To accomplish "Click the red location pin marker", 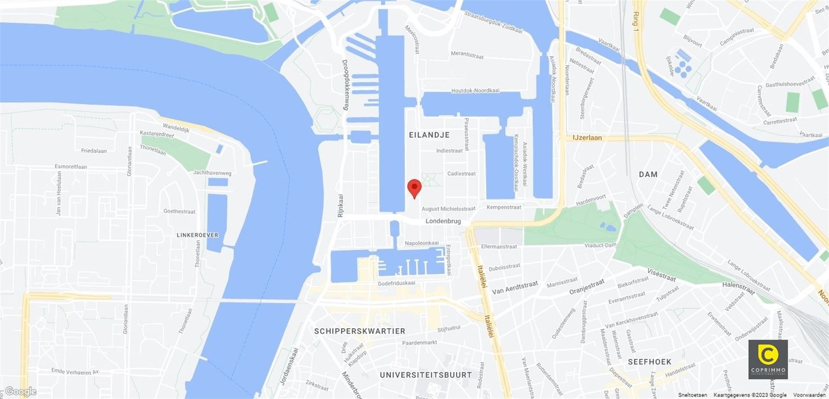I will click(414, 188).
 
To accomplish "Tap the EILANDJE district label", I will click(429, 135).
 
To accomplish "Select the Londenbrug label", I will click(443, 221).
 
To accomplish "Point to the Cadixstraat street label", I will click(461, 174).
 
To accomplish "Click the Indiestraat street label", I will click(449, 151).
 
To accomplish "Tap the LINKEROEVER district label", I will click(197, 235).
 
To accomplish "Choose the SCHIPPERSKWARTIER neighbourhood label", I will click(360, 331).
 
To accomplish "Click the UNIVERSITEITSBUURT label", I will click(426, 375).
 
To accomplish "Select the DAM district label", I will click(648, 174).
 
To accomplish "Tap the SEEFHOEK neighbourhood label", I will click(649, 362).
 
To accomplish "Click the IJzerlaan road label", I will click(587, 138).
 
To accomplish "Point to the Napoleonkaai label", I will click(421, 243).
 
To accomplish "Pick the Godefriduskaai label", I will click(396, 283).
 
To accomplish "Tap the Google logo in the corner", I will click(20, 392).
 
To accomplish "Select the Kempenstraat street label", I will click(504, 207).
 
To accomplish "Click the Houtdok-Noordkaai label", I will click(475, 91).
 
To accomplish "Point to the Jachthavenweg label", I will click(212, 173).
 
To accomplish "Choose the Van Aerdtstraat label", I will click(515, 288).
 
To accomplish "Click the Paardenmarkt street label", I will click(419, 343).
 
